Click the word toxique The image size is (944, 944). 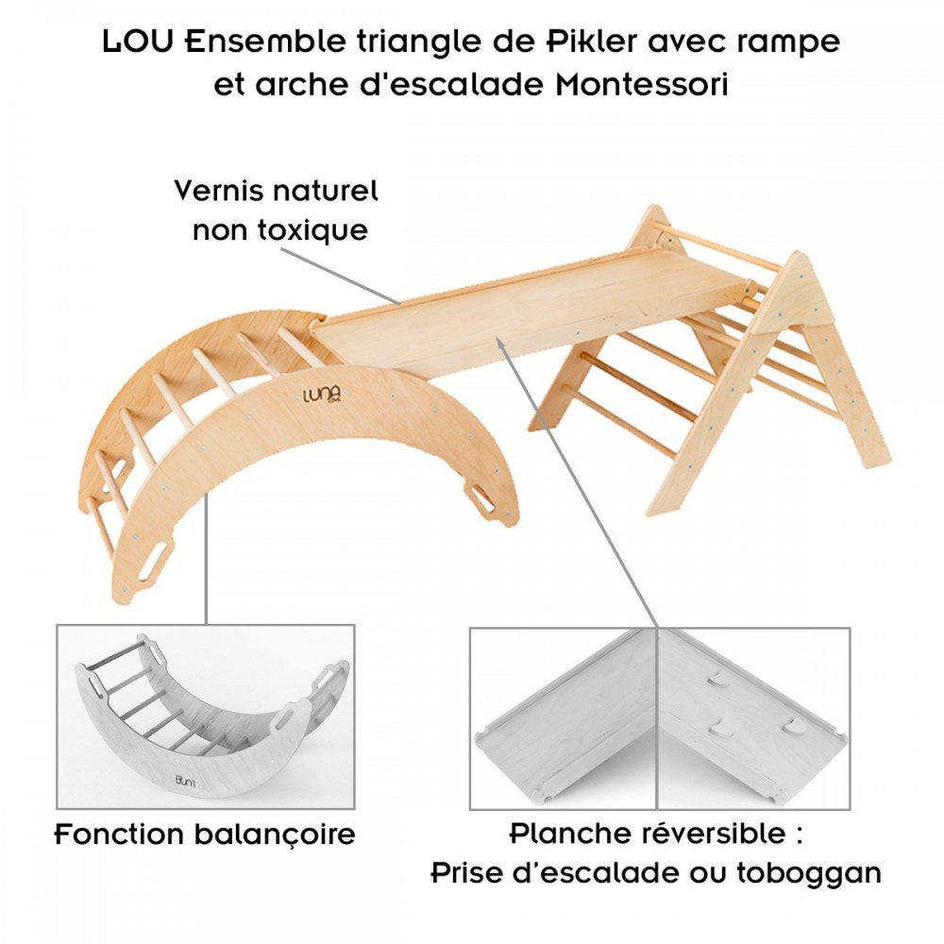point(313,230)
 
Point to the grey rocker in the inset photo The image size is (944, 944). point(203,717)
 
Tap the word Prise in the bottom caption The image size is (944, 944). point(468,873)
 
